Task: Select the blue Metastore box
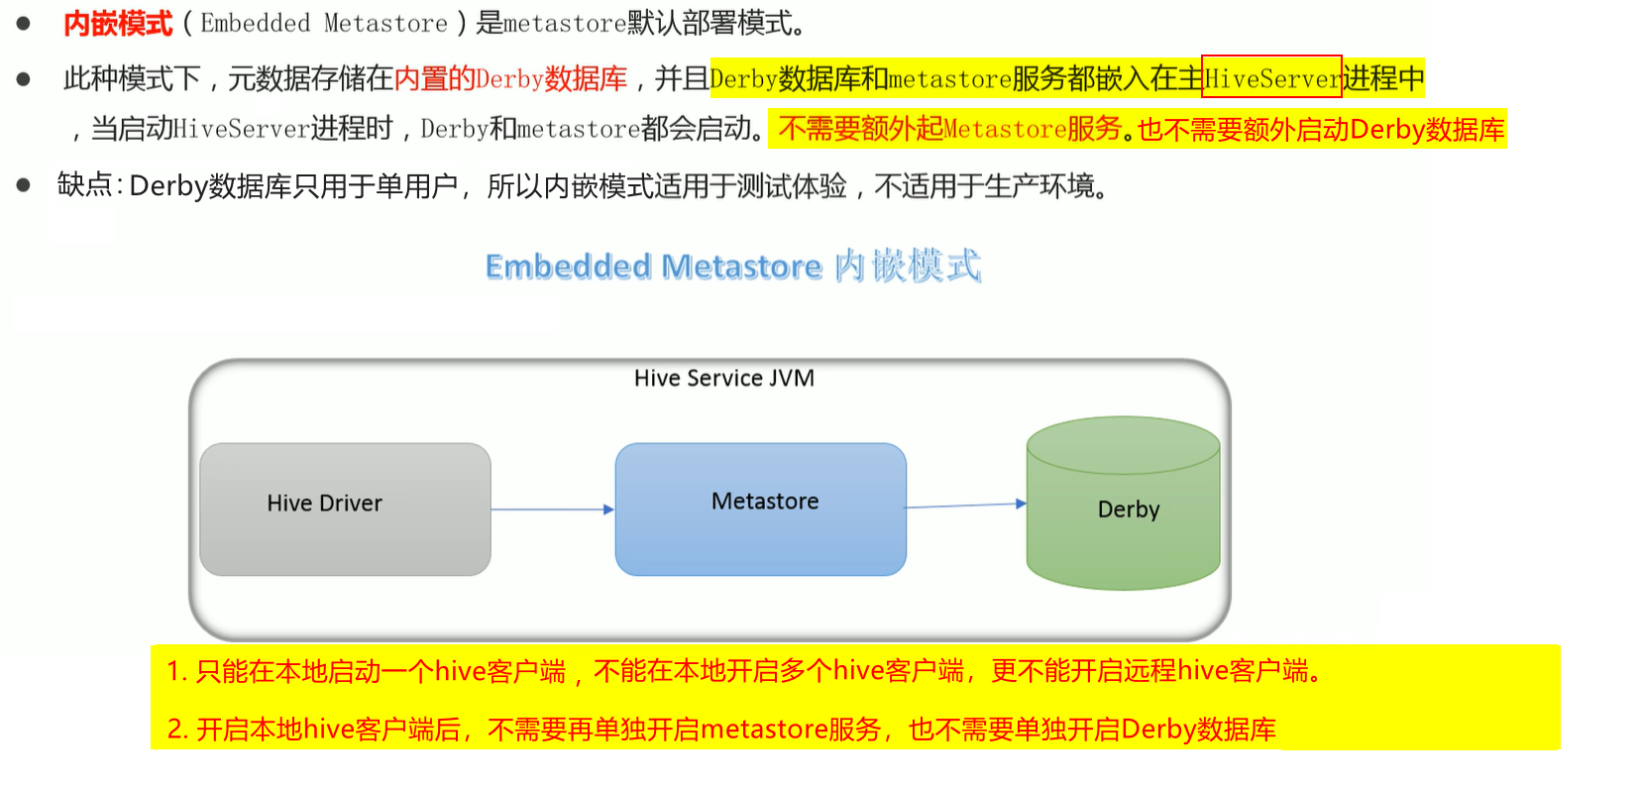761,508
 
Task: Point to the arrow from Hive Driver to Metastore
552,509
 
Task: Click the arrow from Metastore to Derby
966,506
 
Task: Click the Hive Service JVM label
724,378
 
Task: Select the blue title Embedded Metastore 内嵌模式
732,266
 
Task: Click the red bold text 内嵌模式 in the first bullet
118,24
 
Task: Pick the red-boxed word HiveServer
1271,77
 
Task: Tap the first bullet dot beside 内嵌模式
24,23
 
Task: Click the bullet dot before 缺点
24,184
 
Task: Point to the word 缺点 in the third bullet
84,185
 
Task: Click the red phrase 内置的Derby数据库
510,78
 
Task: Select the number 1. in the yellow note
176,671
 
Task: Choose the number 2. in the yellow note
177,730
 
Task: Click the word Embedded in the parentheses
255,24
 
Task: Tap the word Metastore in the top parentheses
385,24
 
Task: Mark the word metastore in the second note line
763,730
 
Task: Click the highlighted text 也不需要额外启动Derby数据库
1321,129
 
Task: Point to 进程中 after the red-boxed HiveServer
1383,77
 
